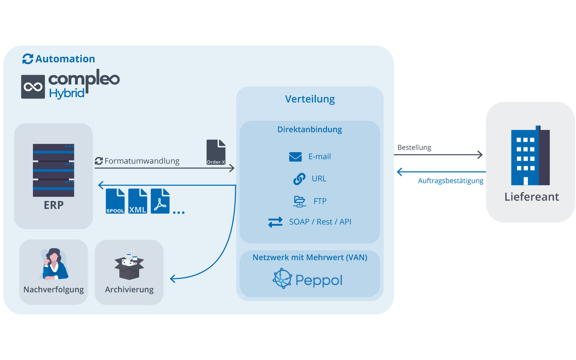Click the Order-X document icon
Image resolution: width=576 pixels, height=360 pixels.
(216, 152)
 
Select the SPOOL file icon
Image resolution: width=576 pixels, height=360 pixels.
(115, 201)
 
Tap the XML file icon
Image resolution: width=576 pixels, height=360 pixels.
(138, 201)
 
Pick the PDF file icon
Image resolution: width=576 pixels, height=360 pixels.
(160, 201)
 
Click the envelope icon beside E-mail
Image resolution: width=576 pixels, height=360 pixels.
(296, 157)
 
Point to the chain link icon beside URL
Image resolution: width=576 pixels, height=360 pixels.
(299, 179)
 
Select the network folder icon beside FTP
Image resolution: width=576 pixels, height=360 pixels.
(300, 201)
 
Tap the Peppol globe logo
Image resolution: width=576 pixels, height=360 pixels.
(283, 278)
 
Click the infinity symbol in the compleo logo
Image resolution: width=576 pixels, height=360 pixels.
(33, 87)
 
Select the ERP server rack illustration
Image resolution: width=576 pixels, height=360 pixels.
(53, 170)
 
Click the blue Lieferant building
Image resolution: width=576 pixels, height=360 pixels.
(530, 155)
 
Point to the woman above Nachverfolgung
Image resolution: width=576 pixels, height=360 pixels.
(54, 264)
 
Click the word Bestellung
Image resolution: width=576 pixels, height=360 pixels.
(414, 147)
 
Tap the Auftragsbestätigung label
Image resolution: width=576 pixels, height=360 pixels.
(451, 181)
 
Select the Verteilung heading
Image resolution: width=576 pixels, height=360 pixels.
(310, 99)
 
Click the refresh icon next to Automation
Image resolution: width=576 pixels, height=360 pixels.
(28, 59)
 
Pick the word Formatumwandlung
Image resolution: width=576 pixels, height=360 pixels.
(142, 161)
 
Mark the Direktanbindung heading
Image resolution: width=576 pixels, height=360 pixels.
(310, 129)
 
